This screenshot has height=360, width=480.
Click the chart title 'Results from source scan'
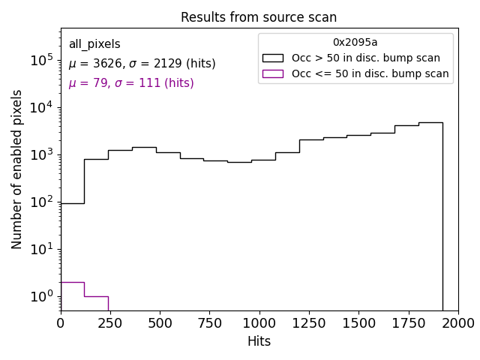(259, 17)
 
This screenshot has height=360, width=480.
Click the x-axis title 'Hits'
(259, 341)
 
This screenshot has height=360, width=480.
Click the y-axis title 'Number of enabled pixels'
(17, 169)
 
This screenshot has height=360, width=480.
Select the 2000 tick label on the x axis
(457, 322)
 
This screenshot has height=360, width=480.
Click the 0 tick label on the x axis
(61, 322)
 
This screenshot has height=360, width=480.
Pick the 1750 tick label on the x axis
(408, 322)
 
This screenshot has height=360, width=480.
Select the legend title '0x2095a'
(355, 43)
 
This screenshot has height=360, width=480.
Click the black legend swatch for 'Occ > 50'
(272, 58)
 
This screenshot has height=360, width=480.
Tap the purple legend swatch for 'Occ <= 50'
(272, 73)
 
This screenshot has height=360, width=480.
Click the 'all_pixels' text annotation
(94, 44)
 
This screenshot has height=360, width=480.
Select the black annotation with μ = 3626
(142, 64)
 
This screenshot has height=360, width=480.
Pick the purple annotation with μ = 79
(131, 83)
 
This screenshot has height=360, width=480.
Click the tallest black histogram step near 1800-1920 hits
(430, 122)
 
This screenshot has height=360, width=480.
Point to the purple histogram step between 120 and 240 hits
(96, 296)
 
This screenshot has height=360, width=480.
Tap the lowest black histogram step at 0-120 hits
(72, 203)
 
